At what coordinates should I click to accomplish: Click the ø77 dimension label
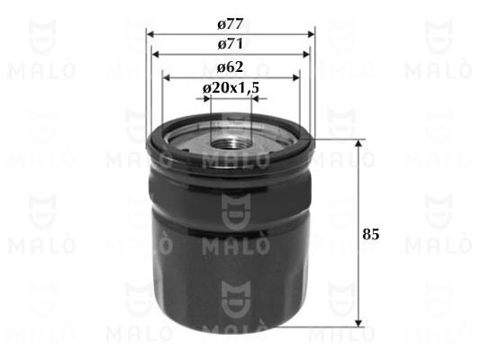tap(231, 24)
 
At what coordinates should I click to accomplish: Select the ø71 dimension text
tap(231, 44)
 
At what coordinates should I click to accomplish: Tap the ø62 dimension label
tap(231, 67)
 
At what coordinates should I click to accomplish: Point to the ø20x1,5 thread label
tap(231, 88)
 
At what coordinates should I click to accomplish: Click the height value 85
tap(371, 234)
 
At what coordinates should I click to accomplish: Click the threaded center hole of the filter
tap(231, 144)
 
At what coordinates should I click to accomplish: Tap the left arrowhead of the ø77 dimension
tap(150, 34)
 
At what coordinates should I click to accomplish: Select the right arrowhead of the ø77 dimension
tap(311, 34)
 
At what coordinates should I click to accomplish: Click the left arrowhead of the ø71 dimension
tap(156, 54)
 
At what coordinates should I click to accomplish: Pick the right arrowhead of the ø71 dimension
tap(306, 54)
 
